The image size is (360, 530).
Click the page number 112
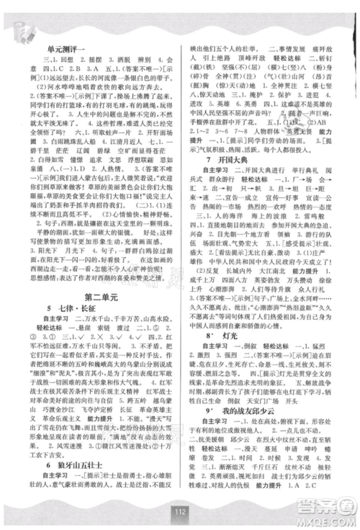click(x=179, y=512)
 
